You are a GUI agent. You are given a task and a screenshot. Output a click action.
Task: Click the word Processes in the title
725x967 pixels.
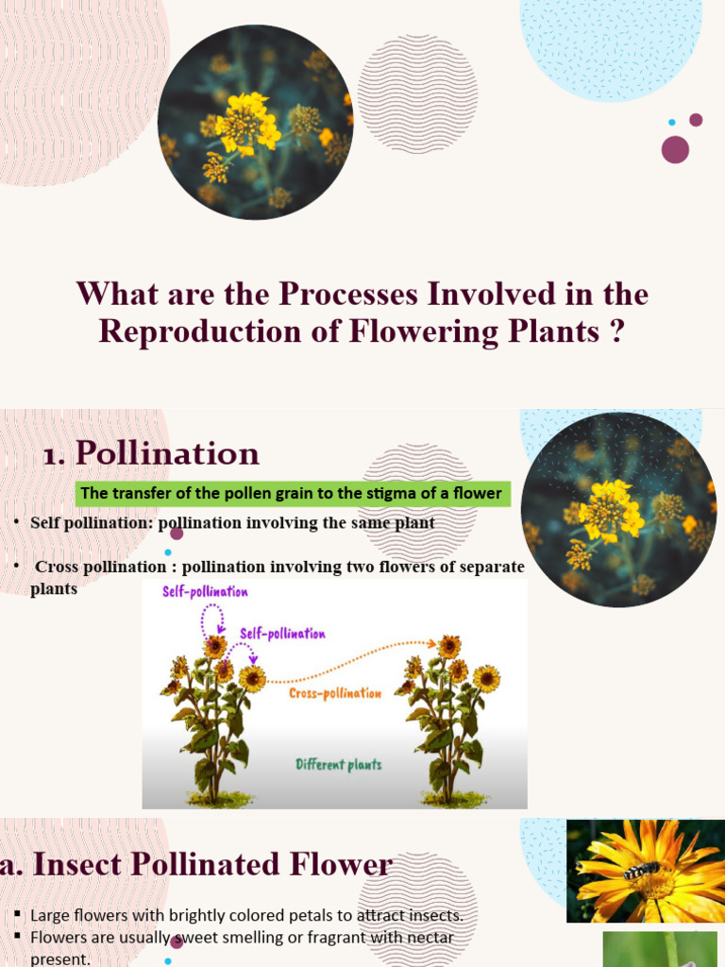click(346, 294)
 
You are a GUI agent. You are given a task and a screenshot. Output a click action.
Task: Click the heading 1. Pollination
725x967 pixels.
click(151, 453)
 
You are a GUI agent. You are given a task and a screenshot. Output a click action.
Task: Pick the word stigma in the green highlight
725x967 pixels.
click(380, 493)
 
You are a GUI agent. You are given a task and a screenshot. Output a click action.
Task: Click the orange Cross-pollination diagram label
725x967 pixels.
click(335, 693)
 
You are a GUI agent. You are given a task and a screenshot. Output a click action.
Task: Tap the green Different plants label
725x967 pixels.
click(339, 764)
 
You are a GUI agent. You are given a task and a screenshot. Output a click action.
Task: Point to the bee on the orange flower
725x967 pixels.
click(641, 870)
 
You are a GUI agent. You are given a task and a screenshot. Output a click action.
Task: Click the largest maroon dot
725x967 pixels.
click(675, 149)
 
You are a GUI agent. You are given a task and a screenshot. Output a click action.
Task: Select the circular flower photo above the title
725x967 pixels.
click(255, 123)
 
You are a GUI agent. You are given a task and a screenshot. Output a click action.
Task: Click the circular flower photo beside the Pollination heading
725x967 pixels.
click(618, 510)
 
